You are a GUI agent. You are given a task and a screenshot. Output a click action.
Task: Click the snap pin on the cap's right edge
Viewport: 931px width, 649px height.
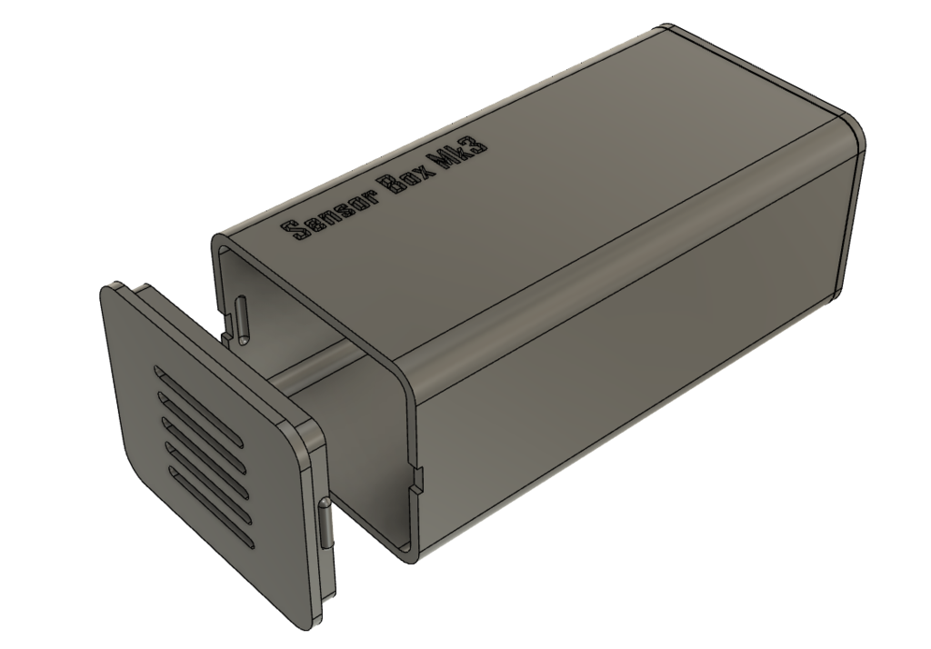(x=325, y=524)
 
